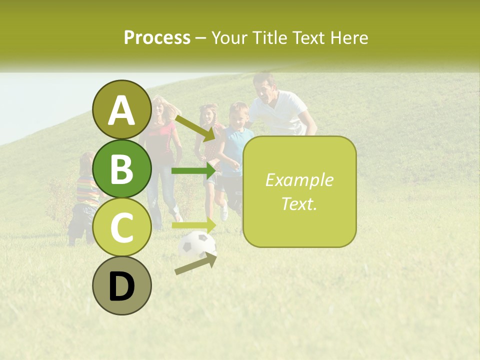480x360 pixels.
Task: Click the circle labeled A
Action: (122, 110)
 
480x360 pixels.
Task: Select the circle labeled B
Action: (122, 168)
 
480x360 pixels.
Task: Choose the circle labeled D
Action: (122, 285)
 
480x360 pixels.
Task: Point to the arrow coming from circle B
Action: (194, 170)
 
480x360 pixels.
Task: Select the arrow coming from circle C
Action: (194, 225)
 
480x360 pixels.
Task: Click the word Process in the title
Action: (157, 37)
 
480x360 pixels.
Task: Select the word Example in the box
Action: (299, 180)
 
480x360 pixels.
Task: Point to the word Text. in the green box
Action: (299, 203)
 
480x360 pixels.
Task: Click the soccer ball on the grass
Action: (196, 244)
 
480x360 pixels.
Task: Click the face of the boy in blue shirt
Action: (238, 116)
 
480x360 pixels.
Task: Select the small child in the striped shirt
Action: (86, 197)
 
